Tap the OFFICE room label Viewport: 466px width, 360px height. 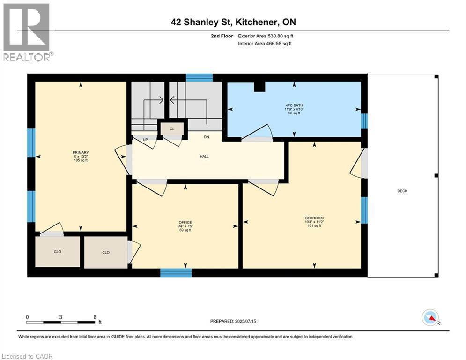[x=185, y=222]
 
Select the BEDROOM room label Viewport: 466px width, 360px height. [x=314, y=218]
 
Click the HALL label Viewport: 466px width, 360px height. [x=204, y=156]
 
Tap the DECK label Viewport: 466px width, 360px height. [x=402, y=191]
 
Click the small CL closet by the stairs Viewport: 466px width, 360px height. [x=172, y=128]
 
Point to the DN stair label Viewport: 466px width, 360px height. [x=206, y=137]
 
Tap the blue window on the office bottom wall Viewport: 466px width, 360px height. [x=176, y=272]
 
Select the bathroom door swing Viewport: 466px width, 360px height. [x=257, y=133]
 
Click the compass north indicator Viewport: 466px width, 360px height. [x=430, y=318]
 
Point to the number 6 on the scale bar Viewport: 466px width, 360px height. [x=95, y=317]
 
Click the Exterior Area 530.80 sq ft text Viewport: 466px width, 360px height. [x=266, y=36]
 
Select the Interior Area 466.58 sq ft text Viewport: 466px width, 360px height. [x=265, y=44]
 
